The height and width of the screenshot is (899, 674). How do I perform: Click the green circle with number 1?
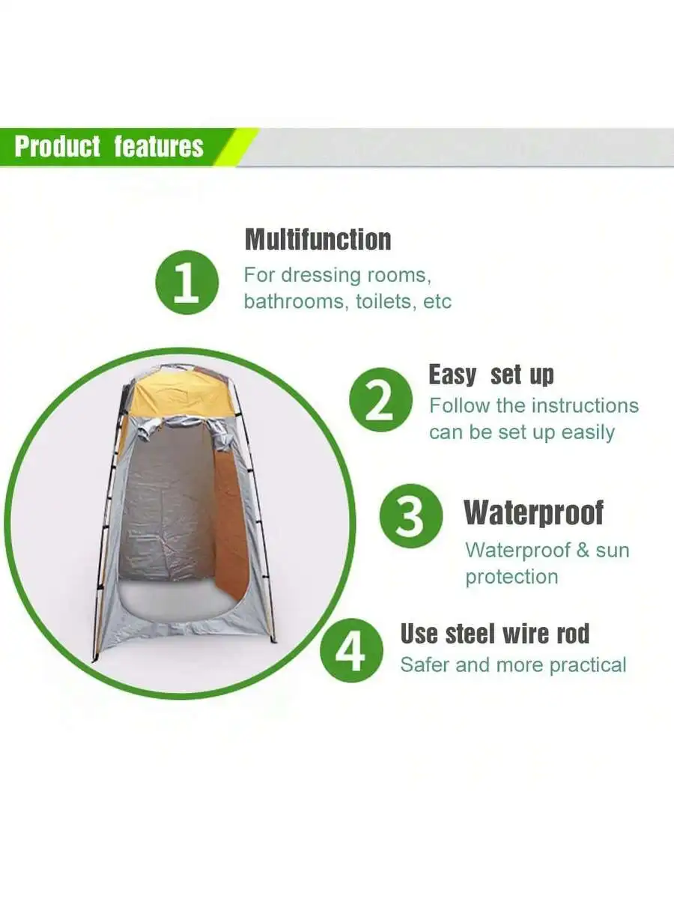(187, 282)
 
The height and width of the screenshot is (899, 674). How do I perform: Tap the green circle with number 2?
(381, 399)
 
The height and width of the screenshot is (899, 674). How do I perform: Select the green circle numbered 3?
(411, 515)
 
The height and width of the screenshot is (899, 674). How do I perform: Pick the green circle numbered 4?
(351, 650)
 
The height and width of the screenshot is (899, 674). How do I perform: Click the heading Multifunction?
(318, 240)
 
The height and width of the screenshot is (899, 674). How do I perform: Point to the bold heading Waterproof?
(534, 512)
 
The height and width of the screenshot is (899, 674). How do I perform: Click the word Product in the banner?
(58, 146)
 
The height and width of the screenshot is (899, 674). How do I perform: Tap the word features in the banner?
(159, 146)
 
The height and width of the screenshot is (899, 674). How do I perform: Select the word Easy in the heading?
(452, 375)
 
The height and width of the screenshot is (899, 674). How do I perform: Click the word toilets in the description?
(383, 302)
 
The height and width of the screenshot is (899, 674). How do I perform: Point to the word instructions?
(585, 406)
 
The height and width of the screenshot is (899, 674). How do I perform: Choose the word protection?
(512, 577)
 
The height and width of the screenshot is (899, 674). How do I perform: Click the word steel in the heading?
(471, 633)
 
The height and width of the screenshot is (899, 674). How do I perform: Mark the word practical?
(588, 665)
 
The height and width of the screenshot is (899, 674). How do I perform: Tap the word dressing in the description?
(321, 276)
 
